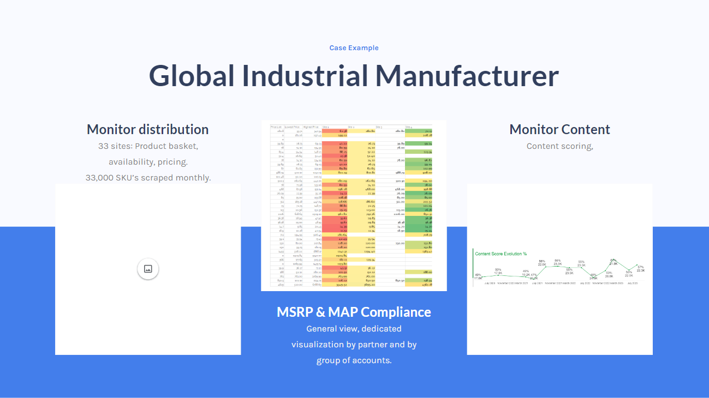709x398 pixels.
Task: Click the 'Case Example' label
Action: tap(354, 48)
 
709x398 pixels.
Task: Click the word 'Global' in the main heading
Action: tap(192, 76)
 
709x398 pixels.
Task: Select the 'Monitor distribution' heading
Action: tap(147, 130)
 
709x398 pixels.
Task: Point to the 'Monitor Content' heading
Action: tap(559, 130)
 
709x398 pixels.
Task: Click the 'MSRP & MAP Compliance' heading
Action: tap(354, 312)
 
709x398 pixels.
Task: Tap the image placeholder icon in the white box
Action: tap(148, 269)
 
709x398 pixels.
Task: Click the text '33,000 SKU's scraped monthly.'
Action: tap(148, 178)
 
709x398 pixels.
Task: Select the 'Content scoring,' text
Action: tap(559, 146)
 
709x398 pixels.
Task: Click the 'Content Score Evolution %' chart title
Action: tap(501, 254)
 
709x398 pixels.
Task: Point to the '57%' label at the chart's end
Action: tap(640, 267)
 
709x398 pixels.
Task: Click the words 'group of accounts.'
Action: tap(354, 360)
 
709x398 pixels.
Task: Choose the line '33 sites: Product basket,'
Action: tap(148, 146)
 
